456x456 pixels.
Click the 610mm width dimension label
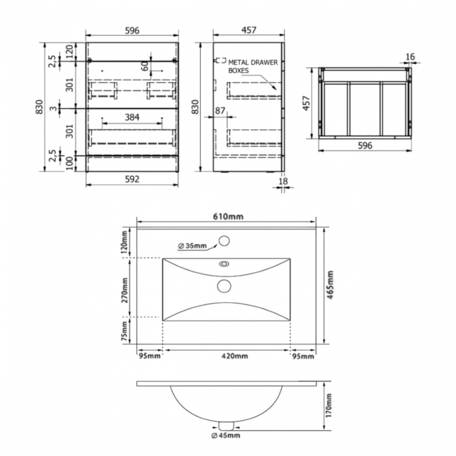(x=228, y=216)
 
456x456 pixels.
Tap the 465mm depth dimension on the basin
(x=330, y=285)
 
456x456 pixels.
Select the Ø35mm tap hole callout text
(x=192, y=246)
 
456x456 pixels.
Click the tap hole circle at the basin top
(x=224, y=241)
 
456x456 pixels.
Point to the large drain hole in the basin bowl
(x=224, y=286)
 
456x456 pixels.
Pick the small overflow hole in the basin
(x=224, y=264)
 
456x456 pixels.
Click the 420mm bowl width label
(x=235, y=356)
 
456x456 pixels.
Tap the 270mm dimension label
(x=125, y=290)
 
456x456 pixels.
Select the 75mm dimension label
(x=124, y=331)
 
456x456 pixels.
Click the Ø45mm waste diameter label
(x=226, y=436)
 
